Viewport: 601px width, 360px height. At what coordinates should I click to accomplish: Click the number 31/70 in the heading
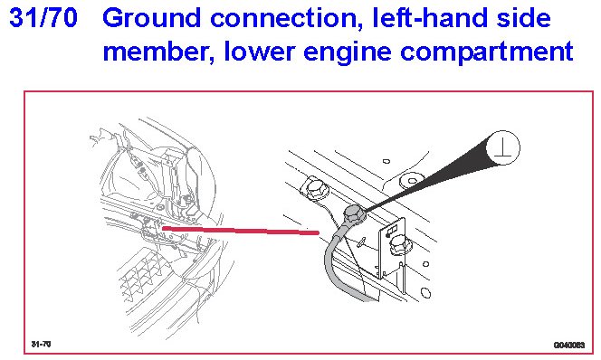(x=43, y=17)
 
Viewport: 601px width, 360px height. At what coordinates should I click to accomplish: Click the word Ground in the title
(x=151, y=17)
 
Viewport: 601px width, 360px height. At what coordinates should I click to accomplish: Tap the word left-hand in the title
(x=429, y=17)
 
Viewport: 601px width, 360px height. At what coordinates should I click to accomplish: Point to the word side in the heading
(x=523, y=17)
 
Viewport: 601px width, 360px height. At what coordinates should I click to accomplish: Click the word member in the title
(x=158, y=52)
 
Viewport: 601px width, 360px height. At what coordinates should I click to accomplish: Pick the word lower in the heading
(x=259, y=52)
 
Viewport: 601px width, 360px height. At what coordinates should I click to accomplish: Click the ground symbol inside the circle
(x=502, y=148)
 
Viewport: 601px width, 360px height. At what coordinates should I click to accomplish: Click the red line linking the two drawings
(x=241, y=230)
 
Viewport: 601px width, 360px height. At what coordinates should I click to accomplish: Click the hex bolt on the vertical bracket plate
(x=399, y=245)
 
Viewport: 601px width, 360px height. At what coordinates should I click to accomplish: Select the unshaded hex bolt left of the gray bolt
(x=315, y=189)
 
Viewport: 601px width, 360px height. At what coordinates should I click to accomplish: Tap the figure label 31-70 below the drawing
(x=41, y=344)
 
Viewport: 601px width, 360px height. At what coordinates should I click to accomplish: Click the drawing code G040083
(x=569, y=345)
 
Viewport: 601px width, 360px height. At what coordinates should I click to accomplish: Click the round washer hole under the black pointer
(x=412, y=180)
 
